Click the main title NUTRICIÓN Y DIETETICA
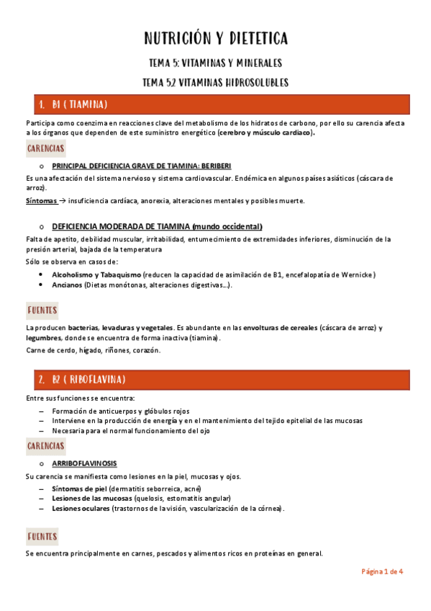[216, 38]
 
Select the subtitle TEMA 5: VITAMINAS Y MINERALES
[215, 63]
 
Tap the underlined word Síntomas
[40, 200]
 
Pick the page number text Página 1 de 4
[381, 571]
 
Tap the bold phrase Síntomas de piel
[80, 488]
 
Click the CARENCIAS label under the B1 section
[46, 148]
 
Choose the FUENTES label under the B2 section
[42, 536]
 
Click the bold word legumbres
[43, 338]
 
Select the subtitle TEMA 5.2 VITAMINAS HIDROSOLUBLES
[215, 83]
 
